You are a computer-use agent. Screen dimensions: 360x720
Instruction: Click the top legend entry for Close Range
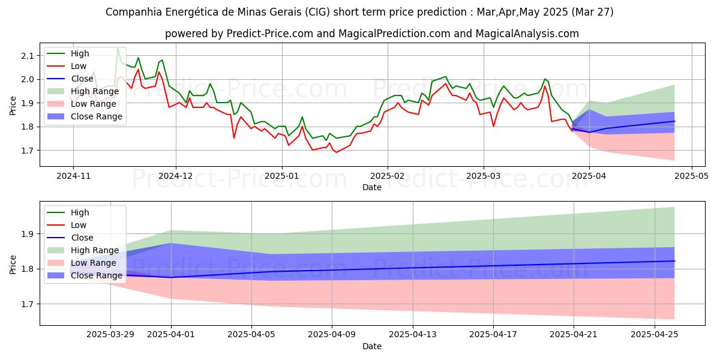96,116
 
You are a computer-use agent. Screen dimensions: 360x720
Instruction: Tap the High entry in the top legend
80,53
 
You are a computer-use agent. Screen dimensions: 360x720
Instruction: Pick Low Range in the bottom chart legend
93,263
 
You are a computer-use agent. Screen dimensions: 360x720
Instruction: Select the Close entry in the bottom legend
82,238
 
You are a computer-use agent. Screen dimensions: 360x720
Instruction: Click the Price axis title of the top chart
13,103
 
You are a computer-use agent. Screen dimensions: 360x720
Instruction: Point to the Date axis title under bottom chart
371,347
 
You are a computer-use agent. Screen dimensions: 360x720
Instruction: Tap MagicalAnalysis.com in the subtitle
527,34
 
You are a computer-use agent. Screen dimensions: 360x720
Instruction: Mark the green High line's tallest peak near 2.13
118,47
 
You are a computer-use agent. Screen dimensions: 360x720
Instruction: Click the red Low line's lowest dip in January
335,152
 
